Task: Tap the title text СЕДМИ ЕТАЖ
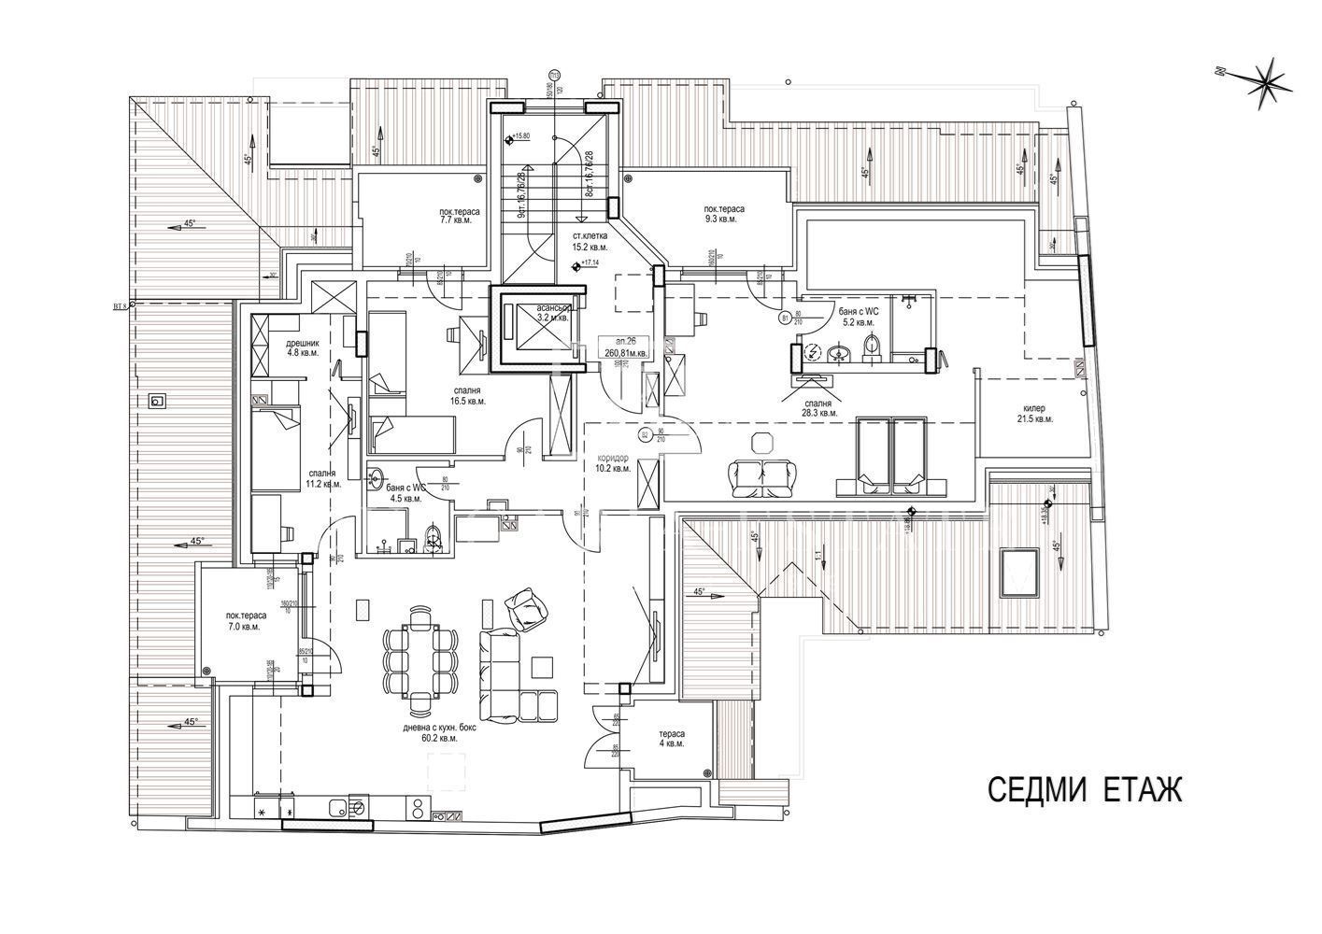(1085, 790)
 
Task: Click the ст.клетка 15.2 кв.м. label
(590, 243)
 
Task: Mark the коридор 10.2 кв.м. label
(614, 462)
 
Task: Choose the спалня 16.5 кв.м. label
(468, 395)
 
